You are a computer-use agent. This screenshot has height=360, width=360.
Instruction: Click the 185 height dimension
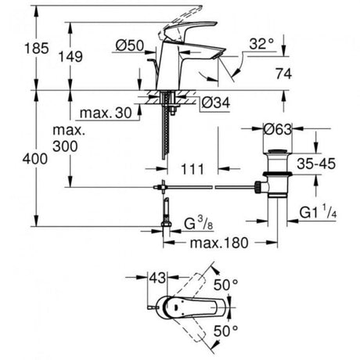[x=37, y=49]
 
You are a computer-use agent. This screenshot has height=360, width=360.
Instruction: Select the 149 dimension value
[x=70, y=56]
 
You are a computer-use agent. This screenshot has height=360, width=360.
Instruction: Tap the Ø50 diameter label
[x=130, y=45]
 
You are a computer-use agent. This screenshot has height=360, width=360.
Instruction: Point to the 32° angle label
[x=261, y=44]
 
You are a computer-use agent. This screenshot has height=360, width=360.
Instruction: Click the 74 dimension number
[x=284, y=74]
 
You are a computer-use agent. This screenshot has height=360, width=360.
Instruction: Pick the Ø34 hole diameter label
[x=216, y=103]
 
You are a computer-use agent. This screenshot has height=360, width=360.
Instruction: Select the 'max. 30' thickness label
[x=106, y=113]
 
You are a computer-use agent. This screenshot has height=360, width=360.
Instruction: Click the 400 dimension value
[x=35, y=159]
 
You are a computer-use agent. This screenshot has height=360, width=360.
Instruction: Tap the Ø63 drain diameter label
[x=277, y=129]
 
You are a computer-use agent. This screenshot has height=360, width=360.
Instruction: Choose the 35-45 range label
[x=316, y=164]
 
